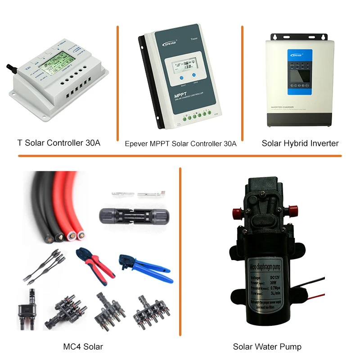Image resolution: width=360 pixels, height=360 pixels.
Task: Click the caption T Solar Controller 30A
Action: [58, 143]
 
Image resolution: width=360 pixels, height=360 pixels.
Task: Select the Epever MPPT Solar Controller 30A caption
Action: [180, 144]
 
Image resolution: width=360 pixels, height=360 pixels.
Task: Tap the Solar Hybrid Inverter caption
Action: [300, 143]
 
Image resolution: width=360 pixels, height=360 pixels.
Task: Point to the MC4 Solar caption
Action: [83, 346]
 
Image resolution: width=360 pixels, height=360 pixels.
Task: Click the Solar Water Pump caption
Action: [267, 346]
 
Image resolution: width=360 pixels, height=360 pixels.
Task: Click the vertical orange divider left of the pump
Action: [180, 252]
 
